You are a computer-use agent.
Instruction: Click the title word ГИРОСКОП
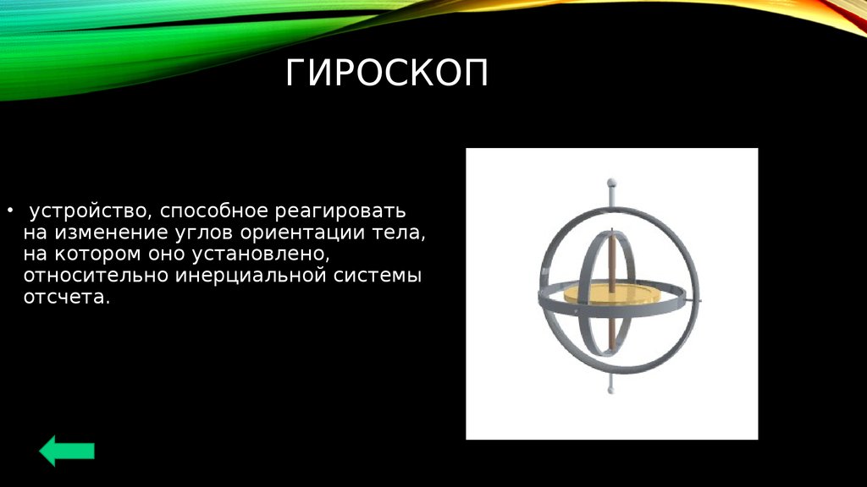(387, 73)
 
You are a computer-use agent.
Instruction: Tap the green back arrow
(67, 451)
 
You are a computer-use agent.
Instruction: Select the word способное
(214, 211)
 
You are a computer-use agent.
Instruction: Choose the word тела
(400, 233)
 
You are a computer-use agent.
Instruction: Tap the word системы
(378, 276)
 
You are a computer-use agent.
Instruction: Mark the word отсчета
(66, 297)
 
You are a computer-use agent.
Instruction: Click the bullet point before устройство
(9, 211)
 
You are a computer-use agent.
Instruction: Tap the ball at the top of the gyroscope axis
(611, 183)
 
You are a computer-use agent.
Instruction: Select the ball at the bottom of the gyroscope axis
(611, 391)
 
